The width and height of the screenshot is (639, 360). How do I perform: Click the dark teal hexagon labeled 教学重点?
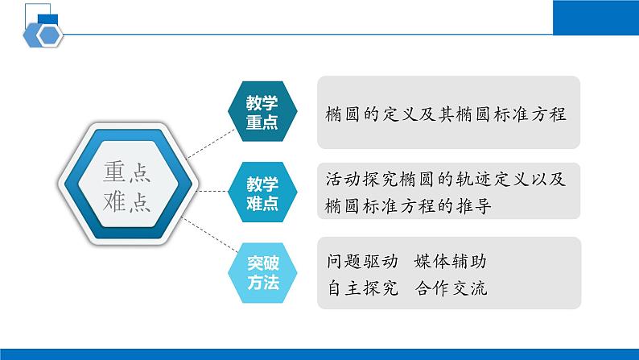tap(262, 113)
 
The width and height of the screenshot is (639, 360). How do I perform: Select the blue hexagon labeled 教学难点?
tap(262, 192)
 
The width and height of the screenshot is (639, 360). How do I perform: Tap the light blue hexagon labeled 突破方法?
tap(262, 272)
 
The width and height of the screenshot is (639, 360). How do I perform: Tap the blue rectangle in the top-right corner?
tap(596, 18)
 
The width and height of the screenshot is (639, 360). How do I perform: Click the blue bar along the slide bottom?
tap(319, 354)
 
